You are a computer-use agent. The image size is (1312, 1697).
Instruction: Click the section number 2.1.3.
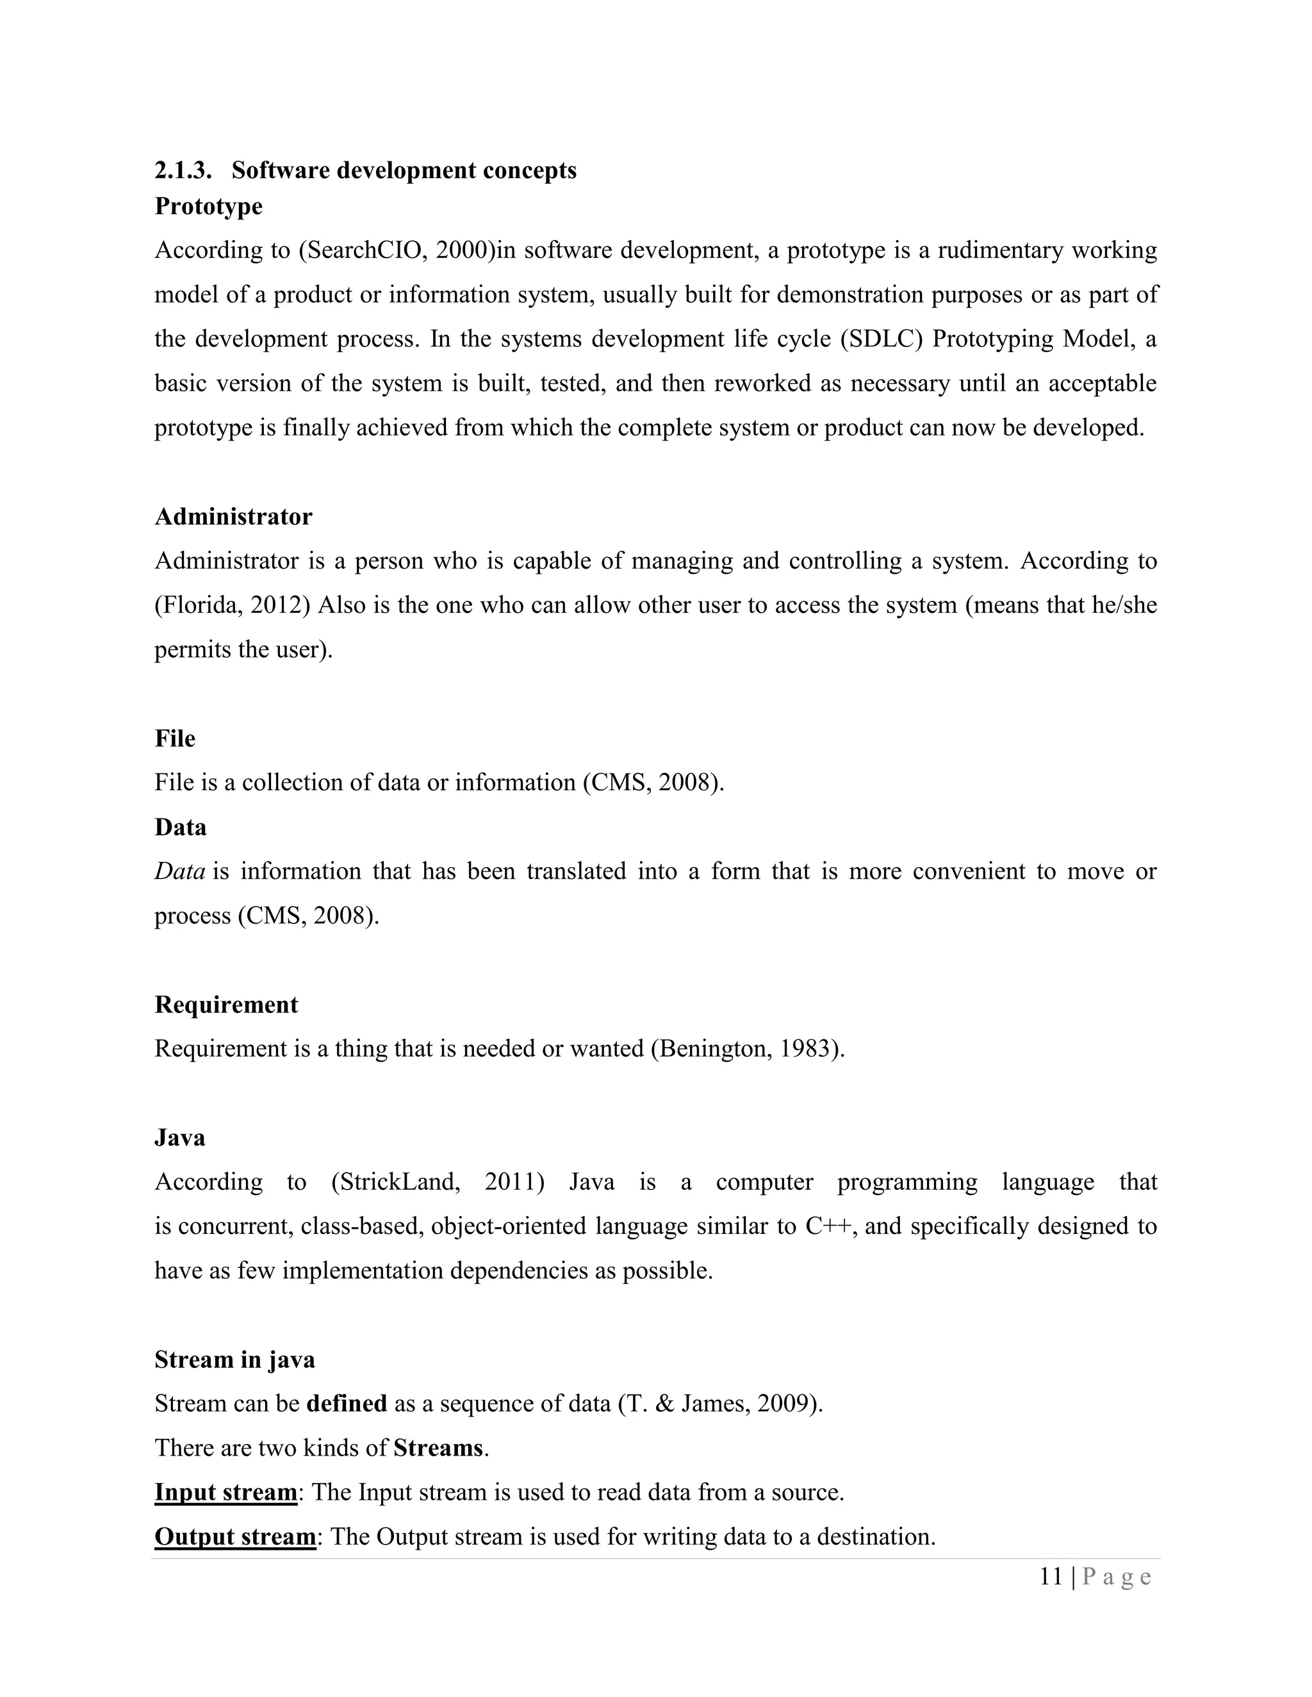(183, 170)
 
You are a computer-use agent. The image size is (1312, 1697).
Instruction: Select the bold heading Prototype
(208, 206)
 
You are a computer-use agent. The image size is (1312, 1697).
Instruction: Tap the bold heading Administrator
(233, 517)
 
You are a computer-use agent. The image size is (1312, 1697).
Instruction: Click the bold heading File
(175, 738)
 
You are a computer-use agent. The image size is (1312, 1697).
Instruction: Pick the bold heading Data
(180, 827)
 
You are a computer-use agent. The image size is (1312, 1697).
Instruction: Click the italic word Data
(179, 871)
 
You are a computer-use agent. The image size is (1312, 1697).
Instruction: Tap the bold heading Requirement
(226, 1005)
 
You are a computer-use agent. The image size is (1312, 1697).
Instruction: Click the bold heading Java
(179, 1137)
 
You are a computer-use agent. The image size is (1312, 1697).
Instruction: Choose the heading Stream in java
(234, 1360)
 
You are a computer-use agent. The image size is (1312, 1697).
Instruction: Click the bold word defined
(347, 1404)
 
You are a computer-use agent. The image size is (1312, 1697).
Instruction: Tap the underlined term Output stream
(234, 1537)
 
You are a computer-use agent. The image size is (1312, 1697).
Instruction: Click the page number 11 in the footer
(1051, 1577)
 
